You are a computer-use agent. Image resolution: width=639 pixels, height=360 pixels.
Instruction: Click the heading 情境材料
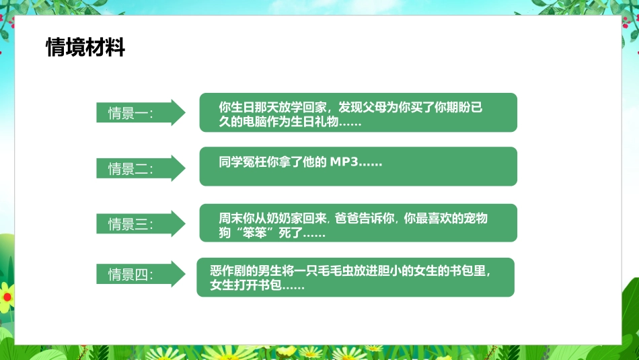(x=85, y=48)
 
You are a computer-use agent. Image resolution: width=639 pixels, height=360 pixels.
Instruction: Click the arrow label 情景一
(x=131, y=113)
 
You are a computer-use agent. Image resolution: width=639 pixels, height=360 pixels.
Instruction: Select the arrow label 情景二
(x=131, y=168)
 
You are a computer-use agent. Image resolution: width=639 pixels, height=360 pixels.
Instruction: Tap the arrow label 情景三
(x=131, y=224)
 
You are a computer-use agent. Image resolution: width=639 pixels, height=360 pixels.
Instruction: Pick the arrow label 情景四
(x=131, y=275)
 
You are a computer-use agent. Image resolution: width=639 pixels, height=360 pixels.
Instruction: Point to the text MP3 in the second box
(x=344, y=162)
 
